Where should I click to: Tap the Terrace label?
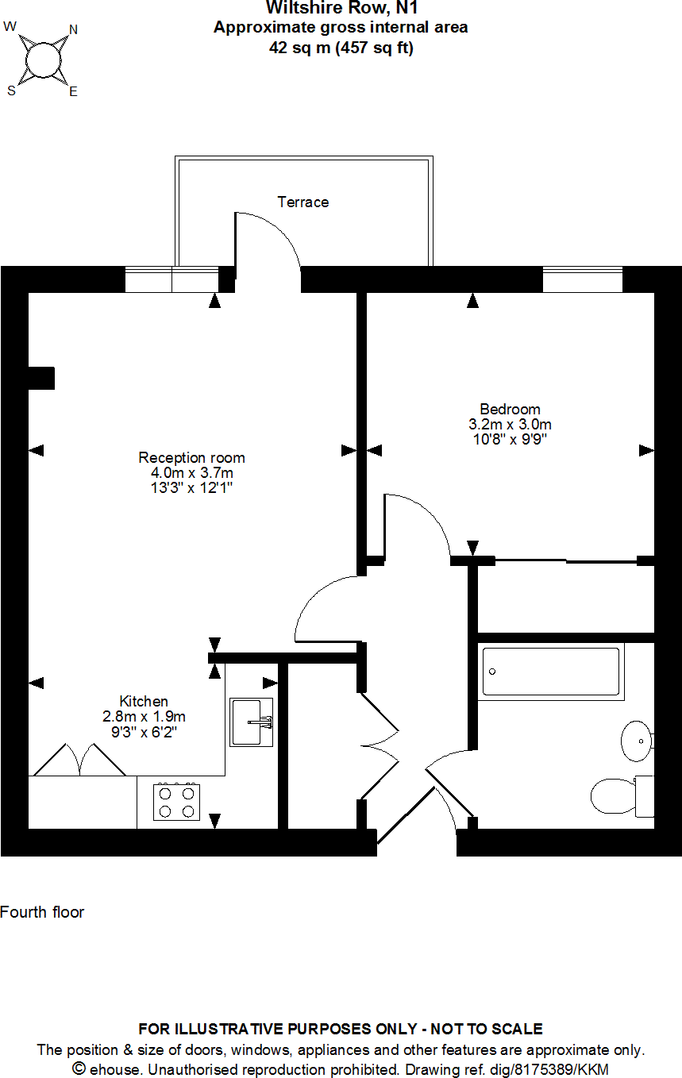point(302,202)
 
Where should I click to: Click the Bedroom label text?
point(510,410)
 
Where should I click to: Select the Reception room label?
point(191,458)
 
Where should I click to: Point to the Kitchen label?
point(144,701)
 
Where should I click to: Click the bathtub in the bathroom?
point(551,672)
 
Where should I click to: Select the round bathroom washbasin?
point(637,740)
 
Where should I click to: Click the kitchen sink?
point(252,722)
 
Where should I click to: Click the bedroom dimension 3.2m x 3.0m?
point(510,424)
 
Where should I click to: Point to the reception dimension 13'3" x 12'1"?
point(191,487)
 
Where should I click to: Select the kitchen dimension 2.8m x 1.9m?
point(144,716)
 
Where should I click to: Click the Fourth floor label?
point(42,912)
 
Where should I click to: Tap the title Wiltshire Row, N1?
point(341,9)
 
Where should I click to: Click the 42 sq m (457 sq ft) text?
point(341,48)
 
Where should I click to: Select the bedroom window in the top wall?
point(582,280)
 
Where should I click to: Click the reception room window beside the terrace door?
point(171,280)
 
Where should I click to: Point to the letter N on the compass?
point(74,30)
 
